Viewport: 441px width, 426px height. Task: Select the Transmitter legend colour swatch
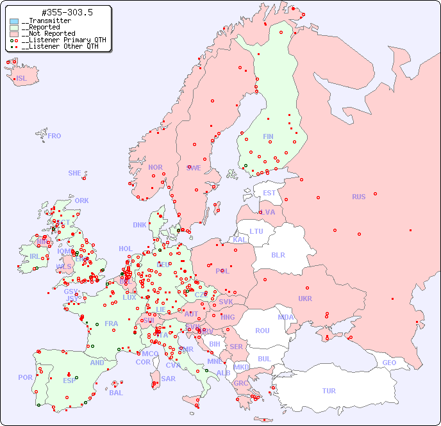pyautogui.click(x=14, y=21)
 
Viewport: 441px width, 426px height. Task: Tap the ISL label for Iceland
pyautogui.click(x=22, y=79)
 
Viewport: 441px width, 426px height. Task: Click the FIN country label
pyautogui.click(x=268, y=136)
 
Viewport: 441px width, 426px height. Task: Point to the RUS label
pyautogui.click(x=358, y=197)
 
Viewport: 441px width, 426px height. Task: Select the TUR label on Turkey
pyautogui.click(x=329, y=391)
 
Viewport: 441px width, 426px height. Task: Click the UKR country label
pyautogui.click(x=305, y=299)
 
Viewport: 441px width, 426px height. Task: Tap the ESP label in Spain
pyautogui.click(x=69, y=380)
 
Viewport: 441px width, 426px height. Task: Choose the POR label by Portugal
pyautogui.click(x=25, y=377)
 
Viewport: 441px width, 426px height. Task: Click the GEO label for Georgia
pyautogui.click(x=389, y=363)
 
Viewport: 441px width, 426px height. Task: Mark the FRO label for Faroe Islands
pyautogui.click(x=54, y=136)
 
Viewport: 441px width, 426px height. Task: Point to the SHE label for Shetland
pyautogui.click(x=75, y=173)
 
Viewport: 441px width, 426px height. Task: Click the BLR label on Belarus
pyautogui.click(x=278, y=254)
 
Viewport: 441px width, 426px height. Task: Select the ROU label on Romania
pyautogui.click(x=262, y=331)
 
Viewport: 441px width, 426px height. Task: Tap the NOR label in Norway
pyautogui.click(x=155, y=167)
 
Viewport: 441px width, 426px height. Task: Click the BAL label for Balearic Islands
pyautogui.click(x=115, y=393)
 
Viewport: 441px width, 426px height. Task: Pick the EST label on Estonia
pyautogui.click(x=269, y=193)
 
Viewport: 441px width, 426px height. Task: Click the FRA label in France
pyautogui.click(x=112, y=324)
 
